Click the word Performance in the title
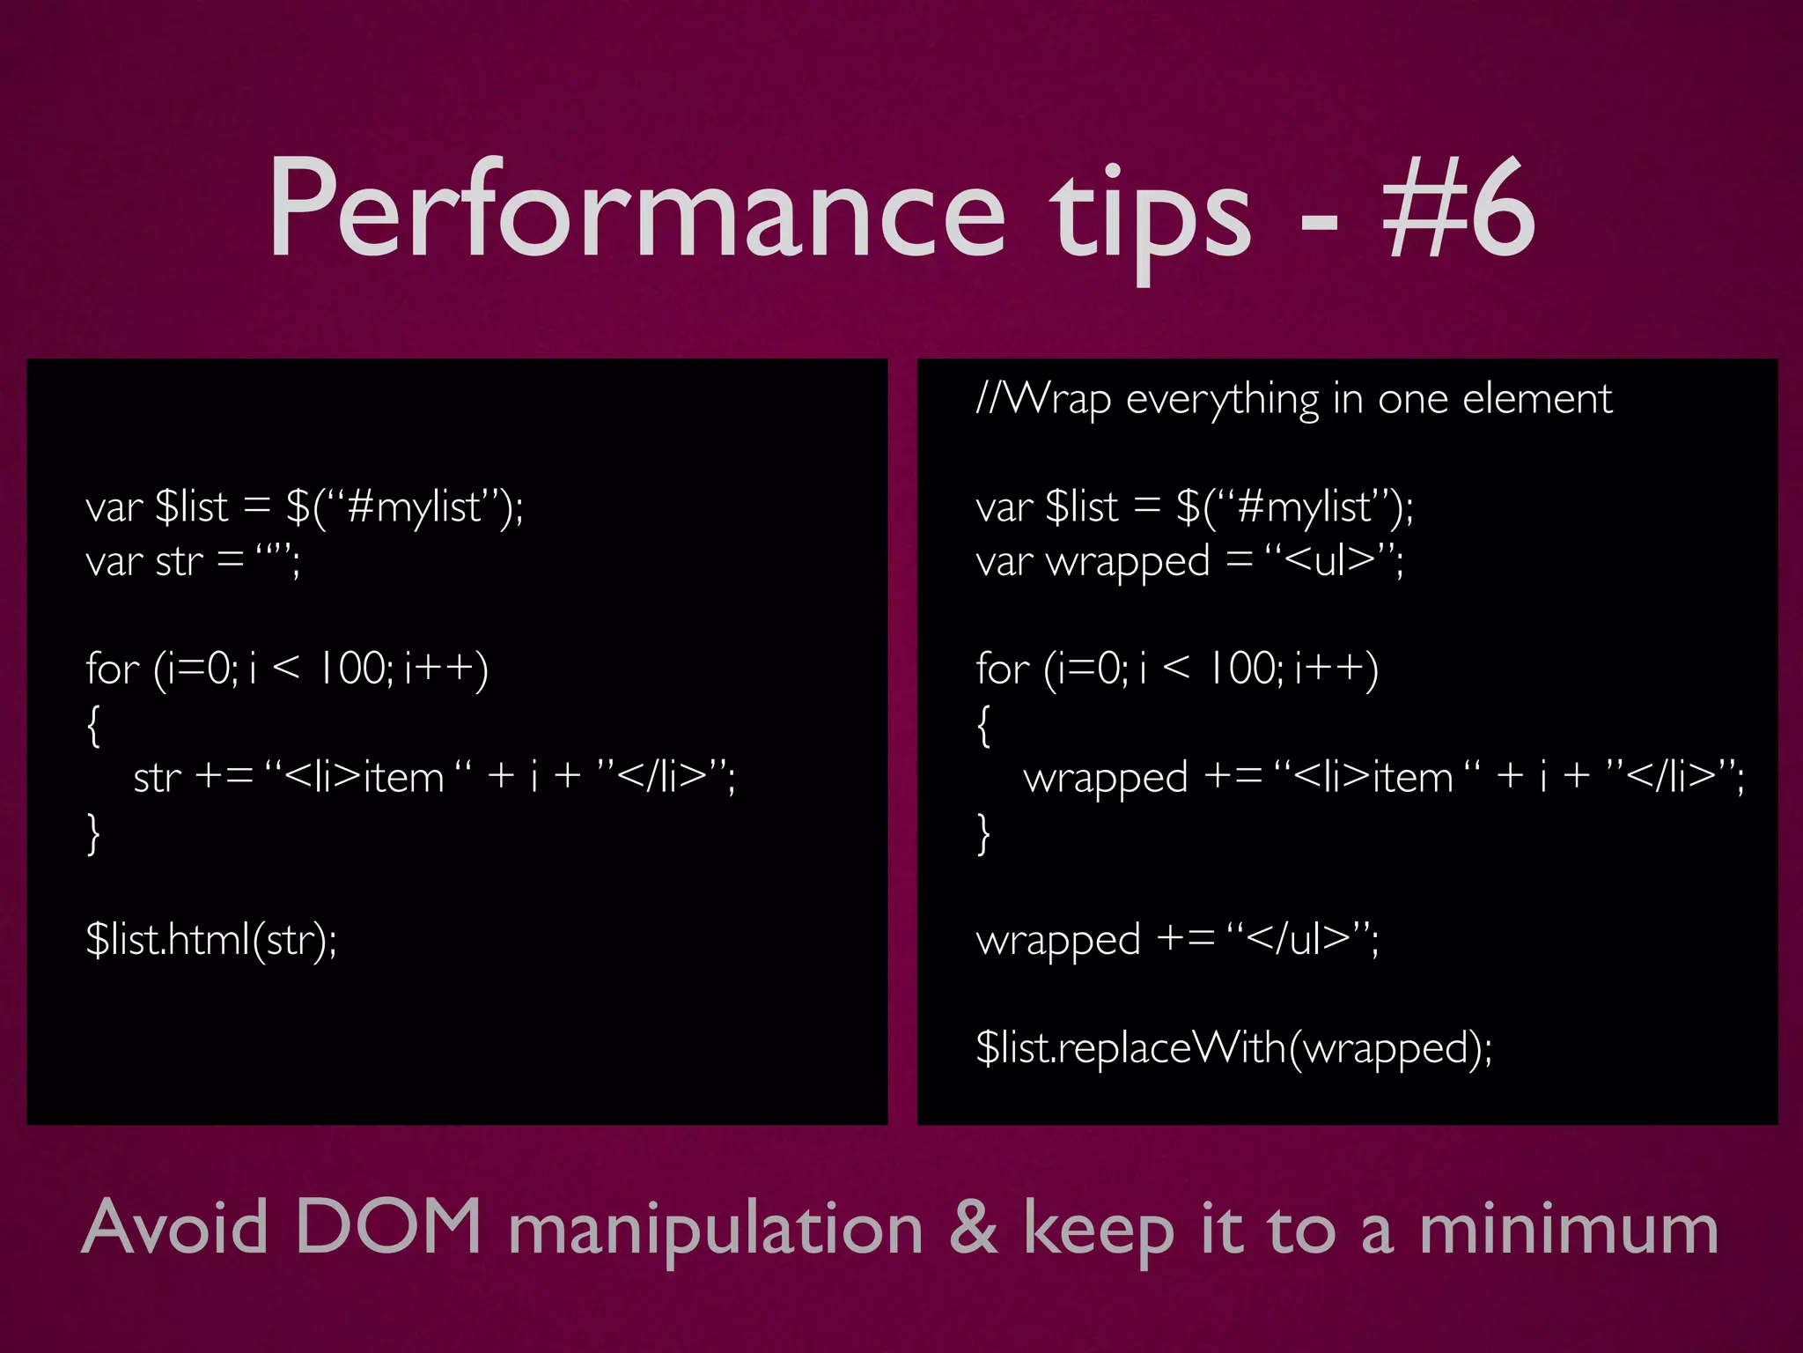[636, 211]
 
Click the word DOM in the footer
[387, 1226]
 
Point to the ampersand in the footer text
[974, 1228]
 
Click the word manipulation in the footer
[716, 1231]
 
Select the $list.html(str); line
[211, 939]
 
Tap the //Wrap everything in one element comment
[1294, 400]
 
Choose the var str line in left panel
[193, 560]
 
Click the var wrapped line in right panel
[1189, 561]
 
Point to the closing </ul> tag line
[1177, 939]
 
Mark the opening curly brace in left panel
[93, 725]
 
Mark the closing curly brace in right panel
[983, 833]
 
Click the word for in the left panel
[113, 669]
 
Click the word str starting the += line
[157, 778]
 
